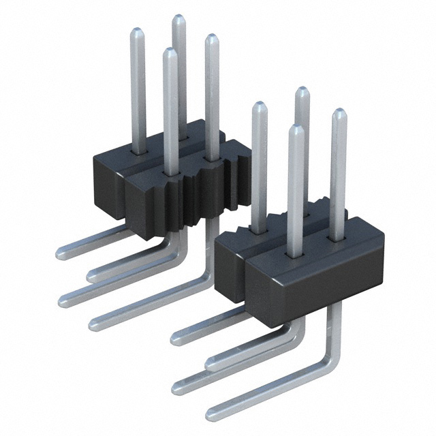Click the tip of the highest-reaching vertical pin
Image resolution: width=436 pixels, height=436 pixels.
178,18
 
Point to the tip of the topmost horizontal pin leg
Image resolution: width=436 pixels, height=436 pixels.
60,253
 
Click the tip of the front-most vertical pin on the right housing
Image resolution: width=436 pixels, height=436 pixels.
295,127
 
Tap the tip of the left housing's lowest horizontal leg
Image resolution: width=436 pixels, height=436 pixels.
93,321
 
